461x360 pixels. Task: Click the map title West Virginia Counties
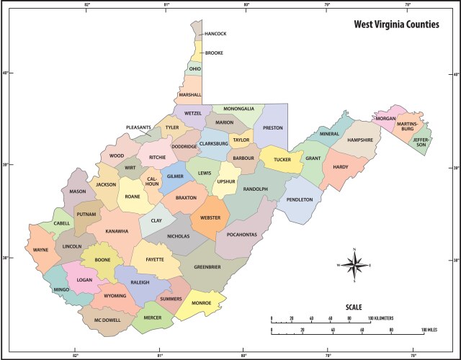[x=395, y=24]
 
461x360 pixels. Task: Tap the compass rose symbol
[x=354, y=265]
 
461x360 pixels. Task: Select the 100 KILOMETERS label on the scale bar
[x=383, y=318]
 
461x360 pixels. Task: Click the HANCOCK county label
[x=215, y=34]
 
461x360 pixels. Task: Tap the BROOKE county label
[x=213, y=53]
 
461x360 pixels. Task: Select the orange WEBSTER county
[x=210, y=217]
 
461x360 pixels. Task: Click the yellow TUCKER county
[x=282, y=160]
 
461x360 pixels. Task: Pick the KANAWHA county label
[x=117, y=231]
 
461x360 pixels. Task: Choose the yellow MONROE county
[x=201, y=304]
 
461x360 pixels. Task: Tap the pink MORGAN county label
[x=386, y=119]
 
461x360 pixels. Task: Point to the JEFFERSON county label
[x=420, y=141]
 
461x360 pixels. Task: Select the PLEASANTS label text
[x=138, y=127]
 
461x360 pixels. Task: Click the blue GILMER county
[x=175, y=176]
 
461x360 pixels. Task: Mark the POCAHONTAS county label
[x=241, y=235]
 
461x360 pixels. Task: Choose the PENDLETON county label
[x=300, y=199]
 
